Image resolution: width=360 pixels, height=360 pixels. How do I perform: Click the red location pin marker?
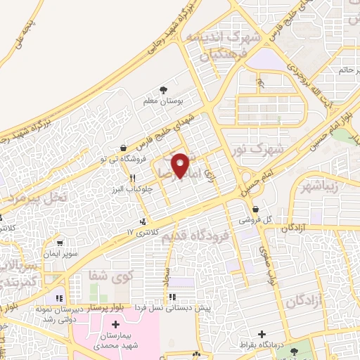181,165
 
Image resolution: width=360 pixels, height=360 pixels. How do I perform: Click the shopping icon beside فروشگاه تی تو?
124,148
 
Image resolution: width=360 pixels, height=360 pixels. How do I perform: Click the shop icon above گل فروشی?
255,210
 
